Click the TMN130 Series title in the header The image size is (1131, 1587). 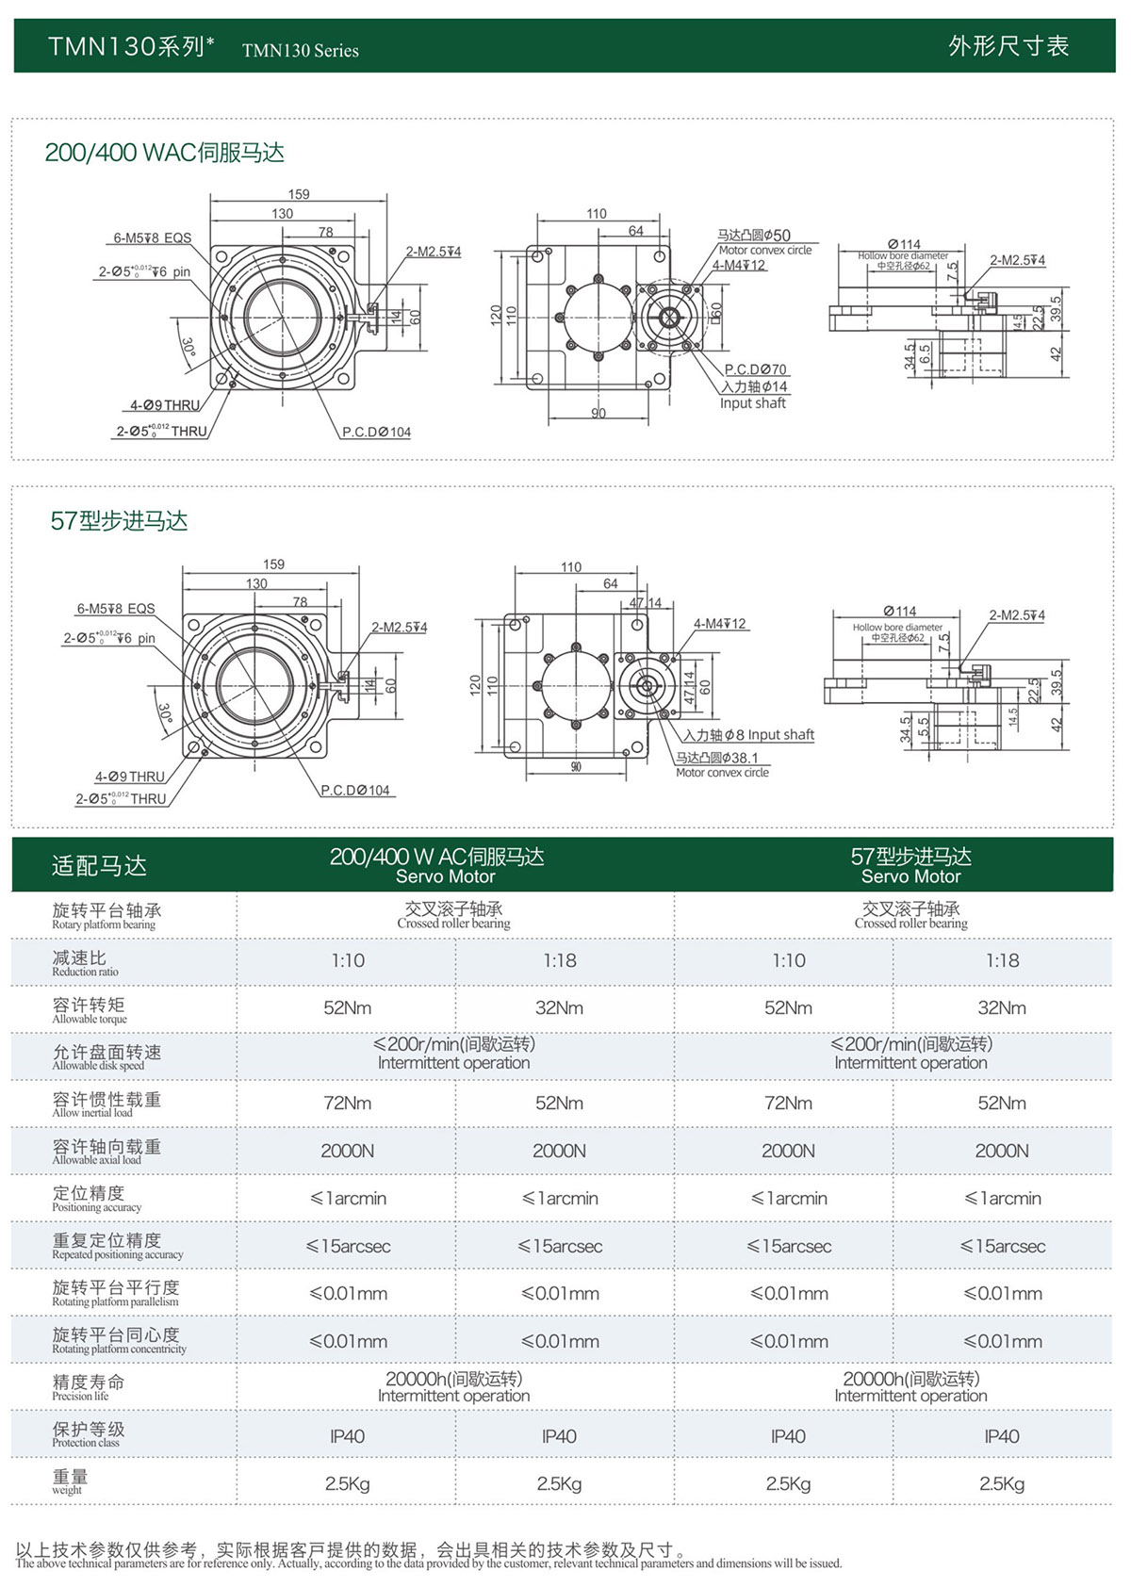pos(300,51)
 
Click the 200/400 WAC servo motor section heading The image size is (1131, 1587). pos(164,153)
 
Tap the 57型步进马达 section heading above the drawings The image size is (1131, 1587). pos(119,520)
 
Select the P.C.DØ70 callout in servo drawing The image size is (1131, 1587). pos(755,369)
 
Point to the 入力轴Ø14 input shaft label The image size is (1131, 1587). pos(754,386)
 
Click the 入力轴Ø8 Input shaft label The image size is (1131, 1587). pos(749,735)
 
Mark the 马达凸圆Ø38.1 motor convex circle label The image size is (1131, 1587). pos(716,758)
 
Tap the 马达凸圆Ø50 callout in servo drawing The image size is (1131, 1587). pos(754,236)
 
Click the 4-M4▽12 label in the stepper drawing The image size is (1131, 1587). pos(719,624)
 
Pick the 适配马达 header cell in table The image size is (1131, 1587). pos(99,865)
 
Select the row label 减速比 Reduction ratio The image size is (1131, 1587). pos(85,962)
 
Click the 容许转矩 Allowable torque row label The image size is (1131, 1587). pos(90,1009)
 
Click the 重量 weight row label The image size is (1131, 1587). pos(70,1481)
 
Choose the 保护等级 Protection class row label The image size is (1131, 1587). pos(89,1434)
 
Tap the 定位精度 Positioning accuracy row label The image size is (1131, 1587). pos(96,1199)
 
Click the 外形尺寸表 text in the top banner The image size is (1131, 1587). pos(1008,46)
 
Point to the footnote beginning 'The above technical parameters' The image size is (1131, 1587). pos(428,1563)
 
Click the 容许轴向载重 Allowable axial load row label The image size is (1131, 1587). pos(106,1152)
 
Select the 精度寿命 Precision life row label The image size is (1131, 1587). pos(88,1387)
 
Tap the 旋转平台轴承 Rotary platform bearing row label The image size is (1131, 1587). pos(106,915)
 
